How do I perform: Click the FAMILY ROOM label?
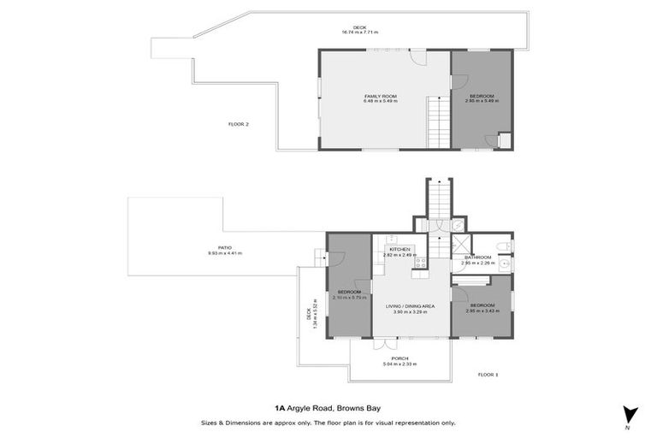click(x=380, y=95)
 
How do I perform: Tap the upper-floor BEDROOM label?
click(x=481, y=95)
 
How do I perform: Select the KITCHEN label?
click(x=400, y=249)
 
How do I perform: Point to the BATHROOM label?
click(x=477, y=257)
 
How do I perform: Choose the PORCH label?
click(x=400, y=358)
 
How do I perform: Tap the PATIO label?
click(x=225, y=248)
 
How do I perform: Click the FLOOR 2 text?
click(x=239, y=124)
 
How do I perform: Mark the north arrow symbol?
click(x=631, y=413)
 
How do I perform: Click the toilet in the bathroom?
click(x=505, y=247)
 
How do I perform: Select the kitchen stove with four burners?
click(x=420, y=263)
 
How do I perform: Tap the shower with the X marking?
click(x=458, y=225)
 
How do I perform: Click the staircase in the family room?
click(x=438, y=123)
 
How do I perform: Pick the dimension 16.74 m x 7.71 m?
click(x=359, y=32)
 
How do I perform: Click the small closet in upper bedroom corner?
click(x=505, y=140)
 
